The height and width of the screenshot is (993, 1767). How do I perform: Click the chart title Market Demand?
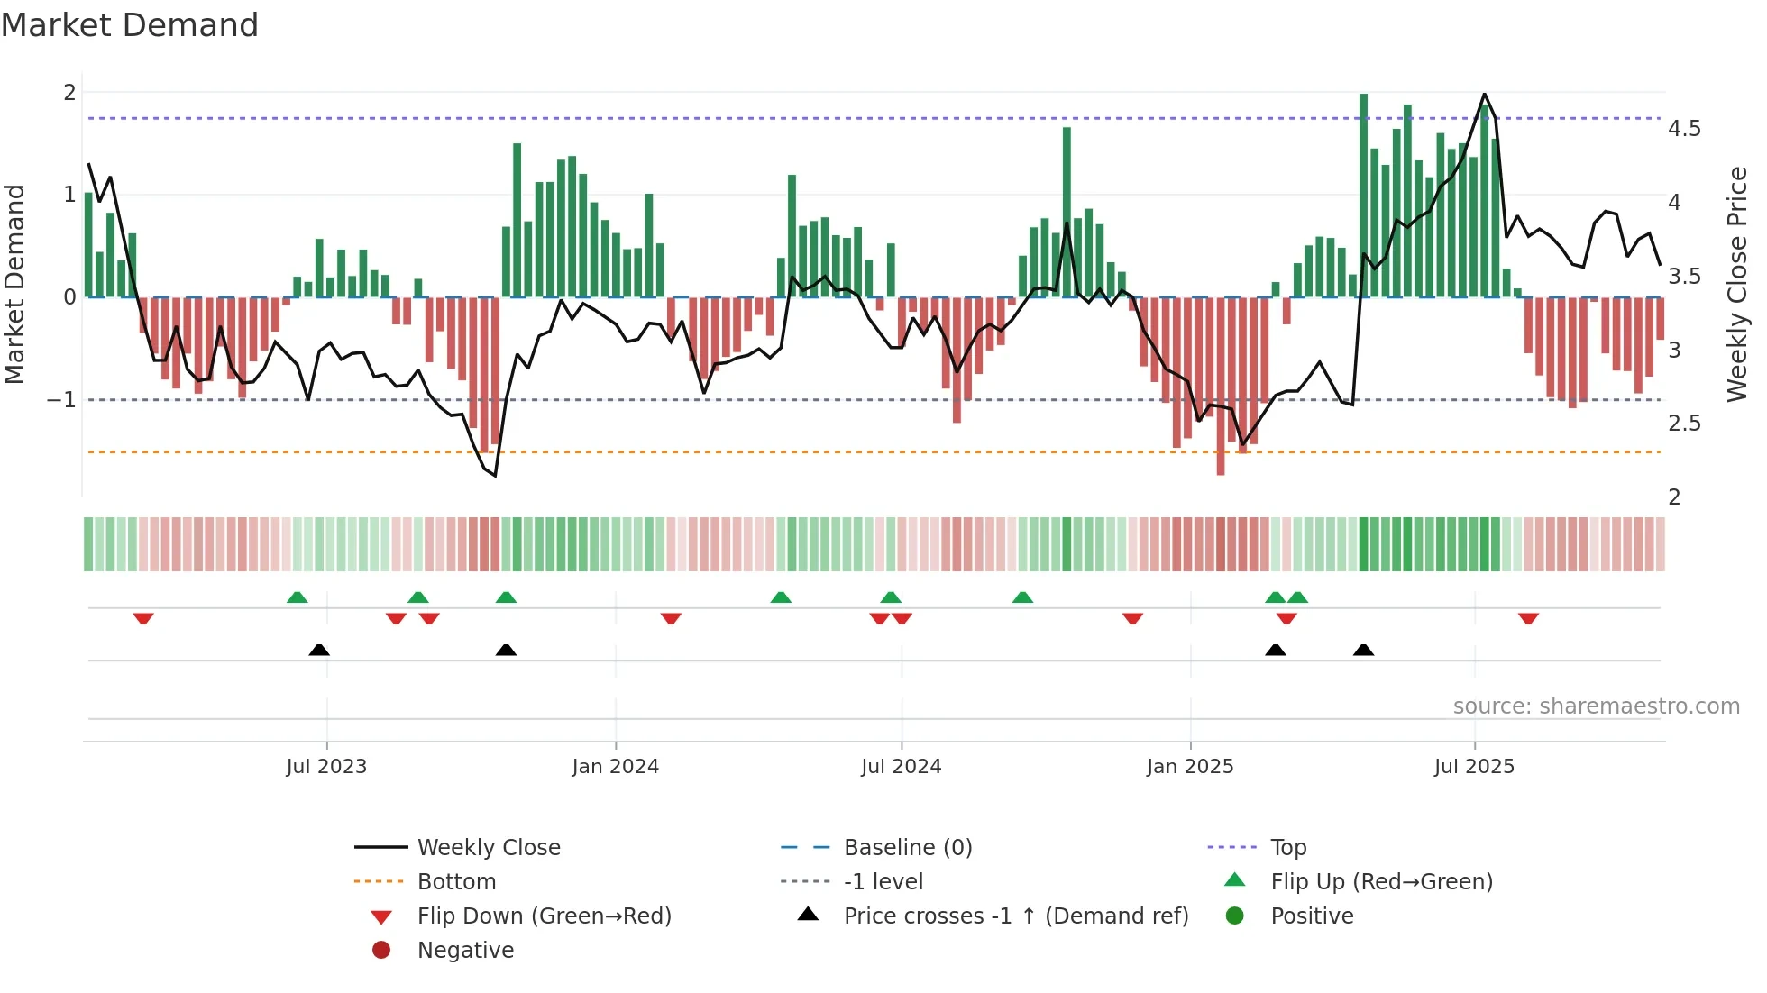pyautogui.click(x=130, y=25)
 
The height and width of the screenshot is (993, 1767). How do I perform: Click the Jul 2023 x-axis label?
pyautogui.click(x=326, y=767)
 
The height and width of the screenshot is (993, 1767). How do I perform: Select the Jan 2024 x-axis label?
pyautogui.click(x=615, y=767)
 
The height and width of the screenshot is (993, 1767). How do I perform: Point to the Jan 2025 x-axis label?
pyautogui.click(x=1190, y=767)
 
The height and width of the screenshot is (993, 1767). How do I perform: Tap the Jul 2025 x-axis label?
pyautogui.click(x=1474, y=767)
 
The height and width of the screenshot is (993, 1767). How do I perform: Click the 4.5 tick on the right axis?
pyautogui.click(x=1684, y=129)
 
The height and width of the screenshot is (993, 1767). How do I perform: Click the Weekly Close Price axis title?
pyautogui.click(x=1736, y=284)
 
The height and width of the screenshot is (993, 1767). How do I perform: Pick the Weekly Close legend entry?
pyautogui.click(x=488, y=848)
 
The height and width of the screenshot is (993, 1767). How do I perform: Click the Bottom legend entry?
pyautogui.click(x=456, y=882)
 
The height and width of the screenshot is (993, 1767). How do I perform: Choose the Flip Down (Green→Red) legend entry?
pyautogui.click(x=544, y=916)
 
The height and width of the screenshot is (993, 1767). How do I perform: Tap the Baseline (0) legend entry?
pyautogui.click(x=907, y=848)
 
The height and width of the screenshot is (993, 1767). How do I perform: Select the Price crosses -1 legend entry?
pyautogui.click(x=1015, y=916)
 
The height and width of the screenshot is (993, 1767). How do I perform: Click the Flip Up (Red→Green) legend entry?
pyautogui.click(x=1381, y=882)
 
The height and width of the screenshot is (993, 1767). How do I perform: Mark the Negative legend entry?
pyautogui.click(x=465, y=951)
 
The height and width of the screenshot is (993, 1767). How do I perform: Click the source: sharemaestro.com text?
pyautogui.click(x=1596, y=706)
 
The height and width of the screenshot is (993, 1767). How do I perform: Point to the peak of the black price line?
pyautogui.click(x=1485, y=94)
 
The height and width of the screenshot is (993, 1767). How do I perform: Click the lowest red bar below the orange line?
pyautogui.click(x=1221, y=464)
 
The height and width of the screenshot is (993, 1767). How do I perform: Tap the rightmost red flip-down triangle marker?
pyautogui.click(x=1528, y=618)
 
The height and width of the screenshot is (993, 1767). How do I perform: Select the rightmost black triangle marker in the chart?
pyautogui.click(x=1363, y=650)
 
